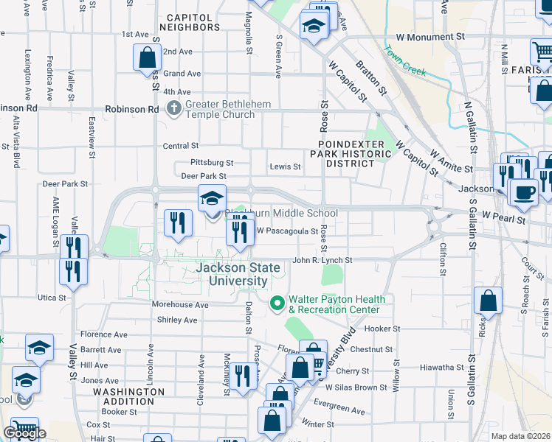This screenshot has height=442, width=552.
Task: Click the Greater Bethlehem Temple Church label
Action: [x=229, y=109]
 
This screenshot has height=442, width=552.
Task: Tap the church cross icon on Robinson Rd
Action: [x=174, y=109]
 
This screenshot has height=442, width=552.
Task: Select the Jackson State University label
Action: [x=238, y=274]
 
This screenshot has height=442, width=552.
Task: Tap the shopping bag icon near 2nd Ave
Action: [x=147, y=57]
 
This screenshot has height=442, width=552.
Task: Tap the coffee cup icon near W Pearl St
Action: [x=523, y=192]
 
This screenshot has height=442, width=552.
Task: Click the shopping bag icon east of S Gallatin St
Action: [x=488, y=301]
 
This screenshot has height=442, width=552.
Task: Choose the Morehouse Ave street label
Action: [x=181, y=304]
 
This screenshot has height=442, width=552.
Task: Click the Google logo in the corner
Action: [x=25, y=433]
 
